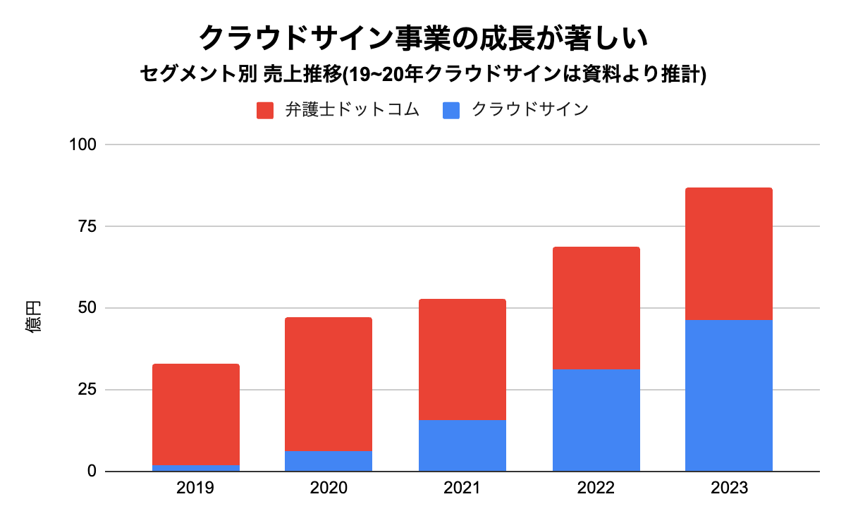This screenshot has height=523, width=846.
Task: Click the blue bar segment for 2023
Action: click(x=728, y=395)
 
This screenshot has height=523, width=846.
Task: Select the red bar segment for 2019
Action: click(x=196, y=414)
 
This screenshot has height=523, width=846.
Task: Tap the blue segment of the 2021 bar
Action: click(x=462, y=445)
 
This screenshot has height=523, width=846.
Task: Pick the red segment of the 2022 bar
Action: click(x=596, y=308)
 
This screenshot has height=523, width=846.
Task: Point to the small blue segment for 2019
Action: click(x=196, y=468)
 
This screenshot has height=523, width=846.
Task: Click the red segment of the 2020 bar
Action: click(x=329, y=384)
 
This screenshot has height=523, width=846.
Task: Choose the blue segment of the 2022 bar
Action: click(x=596, y=420)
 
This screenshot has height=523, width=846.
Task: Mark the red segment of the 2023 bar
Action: click(x=728, y=254)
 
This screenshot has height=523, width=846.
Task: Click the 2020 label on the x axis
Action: click(x=329, y=488)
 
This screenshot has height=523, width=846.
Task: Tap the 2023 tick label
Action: click(x=728, y=488)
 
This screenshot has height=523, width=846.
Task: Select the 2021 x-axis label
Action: click(x=462, y=488)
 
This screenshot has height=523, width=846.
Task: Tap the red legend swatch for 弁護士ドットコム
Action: click(x=265, y=111)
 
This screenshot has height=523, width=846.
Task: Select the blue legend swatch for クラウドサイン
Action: click(x=451, y=111)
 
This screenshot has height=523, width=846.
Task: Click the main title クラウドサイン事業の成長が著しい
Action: click(x=423, y=37)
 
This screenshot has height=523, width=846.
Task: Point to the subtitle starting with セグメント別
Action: click(x=423, y=75)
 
